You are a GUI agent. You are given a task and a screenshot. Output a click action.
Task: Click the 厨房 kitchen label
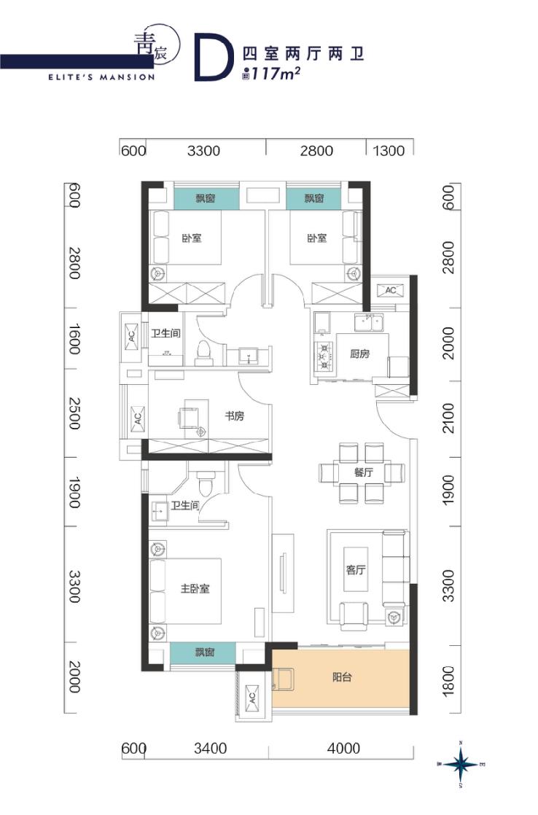pyautogui.click(x=359, y=354)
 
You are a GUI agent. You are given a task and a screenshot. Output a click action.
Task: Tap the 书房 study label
pyautogui.click(x=234, y=416)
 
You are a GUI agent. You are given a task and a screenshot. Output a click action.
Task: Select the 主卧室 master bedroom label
pyautogui.click(x=195, y=588)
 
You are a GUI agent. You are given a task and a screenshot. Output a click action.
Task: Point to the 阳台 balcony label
pyautogui.click(x=342, y=677)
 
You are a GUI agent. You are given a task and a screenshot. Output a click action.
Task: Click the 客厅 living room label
pyautogui.click(x=356, y=569)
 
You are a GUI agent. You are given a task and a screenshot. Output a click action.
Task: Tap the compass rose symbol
pyautogui.click(x=461, y=764)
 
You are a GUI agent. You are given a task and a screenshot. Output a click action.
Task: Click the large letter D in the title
pyautogui.click(x=211, y=58)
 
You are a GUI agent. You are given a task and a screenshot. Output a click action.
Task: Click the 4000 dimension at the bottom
pyautogui.click(x=343, y=748)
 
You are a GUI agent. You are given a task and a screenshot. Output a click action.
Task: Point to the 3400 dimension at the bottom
pyautogui.click(x=210, y=748)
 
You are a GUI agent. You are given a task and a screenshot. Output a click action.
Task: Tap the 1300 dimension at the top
pyautogui.click(x=389, y=151)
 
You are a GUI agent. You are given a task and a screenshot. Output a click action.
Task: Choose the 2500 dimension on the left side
pyautogui.click(x=75, y=413)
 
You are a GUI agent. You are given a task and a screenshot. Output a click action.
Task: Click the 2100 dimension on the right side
pyautogui.click(x=448, y=418)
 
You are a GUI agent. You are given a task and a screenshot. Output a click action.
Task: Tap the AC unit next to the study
pyautogui.click(x=138, y=418)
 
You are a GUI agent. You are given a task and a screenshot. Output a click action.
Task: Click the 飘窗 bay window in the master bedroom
pyautogui.click(x=204, y=652)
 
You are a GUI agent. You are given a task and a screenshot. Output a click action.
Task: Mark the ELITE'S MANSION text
pyautogui.click(x=101, y=77)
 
